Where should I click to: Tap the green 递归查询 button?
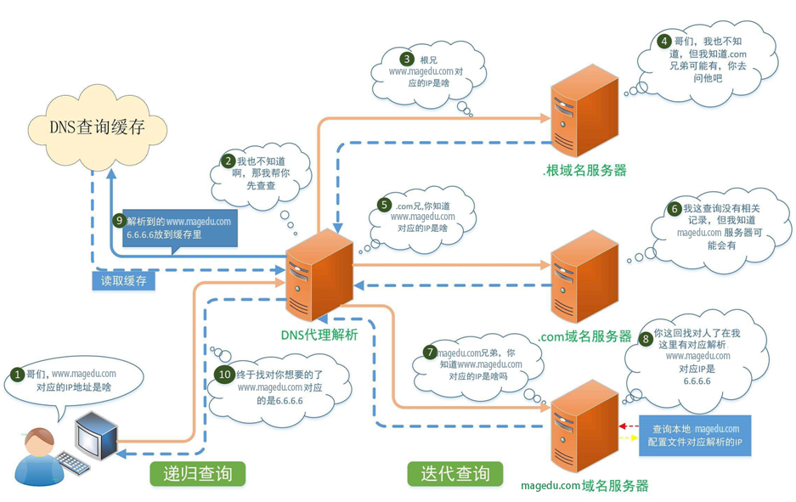click(x=197, y=473)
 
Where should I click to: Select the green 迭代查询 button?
click(x=454, y=473)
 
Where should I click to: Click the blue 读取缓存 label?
click(x=123, y=281)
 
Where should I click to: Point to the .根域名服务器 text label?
click(x=584, y=170)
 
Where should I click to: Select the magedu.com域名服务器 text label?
click(x=584, y=486)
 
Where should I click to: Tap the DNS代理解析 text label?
click(x=319, y=334)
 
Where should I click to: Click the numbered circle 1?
click(x=16, y=374)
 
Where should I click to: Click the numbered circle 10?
click(x=224, y=375)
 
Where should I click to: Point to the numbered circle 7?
click(x=431, y=352)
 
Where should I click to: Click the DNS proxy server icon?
click(x=320, y=275)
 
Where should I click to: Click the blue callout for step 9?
click(x=178, y=228)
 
